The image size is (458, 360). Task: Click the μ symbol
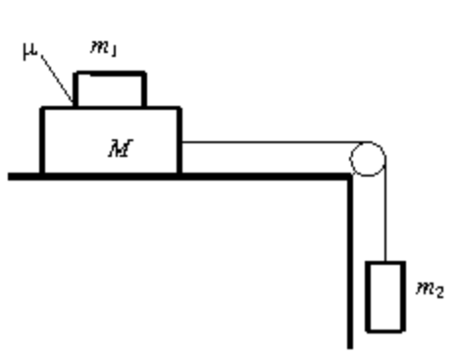tap(29, 51)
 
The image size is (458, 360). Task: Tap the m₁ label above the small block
tap(103, 48)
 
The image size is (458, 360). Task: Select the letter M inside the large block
tap(121, 148)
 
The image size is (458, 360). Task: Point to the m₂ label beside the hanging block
tap(430, 289)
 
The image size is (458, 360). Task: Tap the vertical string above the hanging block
tap(385, 210)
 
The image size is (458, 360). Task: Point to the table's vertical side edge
tap(350, 262)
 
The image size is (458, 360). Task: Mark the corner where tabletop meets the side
tap(350, 177)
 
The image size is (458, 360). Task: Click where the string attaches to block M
tap(181, 142)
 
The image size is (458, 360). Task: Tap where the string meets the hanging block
tap(385, 262)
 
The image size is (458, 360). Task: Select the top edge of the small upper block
tap(110, 74)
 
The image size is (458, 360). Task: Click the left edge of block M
tap(42, 140)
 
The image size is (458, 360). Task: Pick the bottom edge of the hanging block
tap(385, 331)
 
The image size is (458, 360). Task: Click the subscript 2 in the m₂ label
tap(440, 292)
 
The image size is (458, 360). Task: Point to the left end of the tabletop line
tap(8, 177)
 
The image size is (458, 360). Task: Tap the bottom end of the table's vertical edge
tap(350, 348)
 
